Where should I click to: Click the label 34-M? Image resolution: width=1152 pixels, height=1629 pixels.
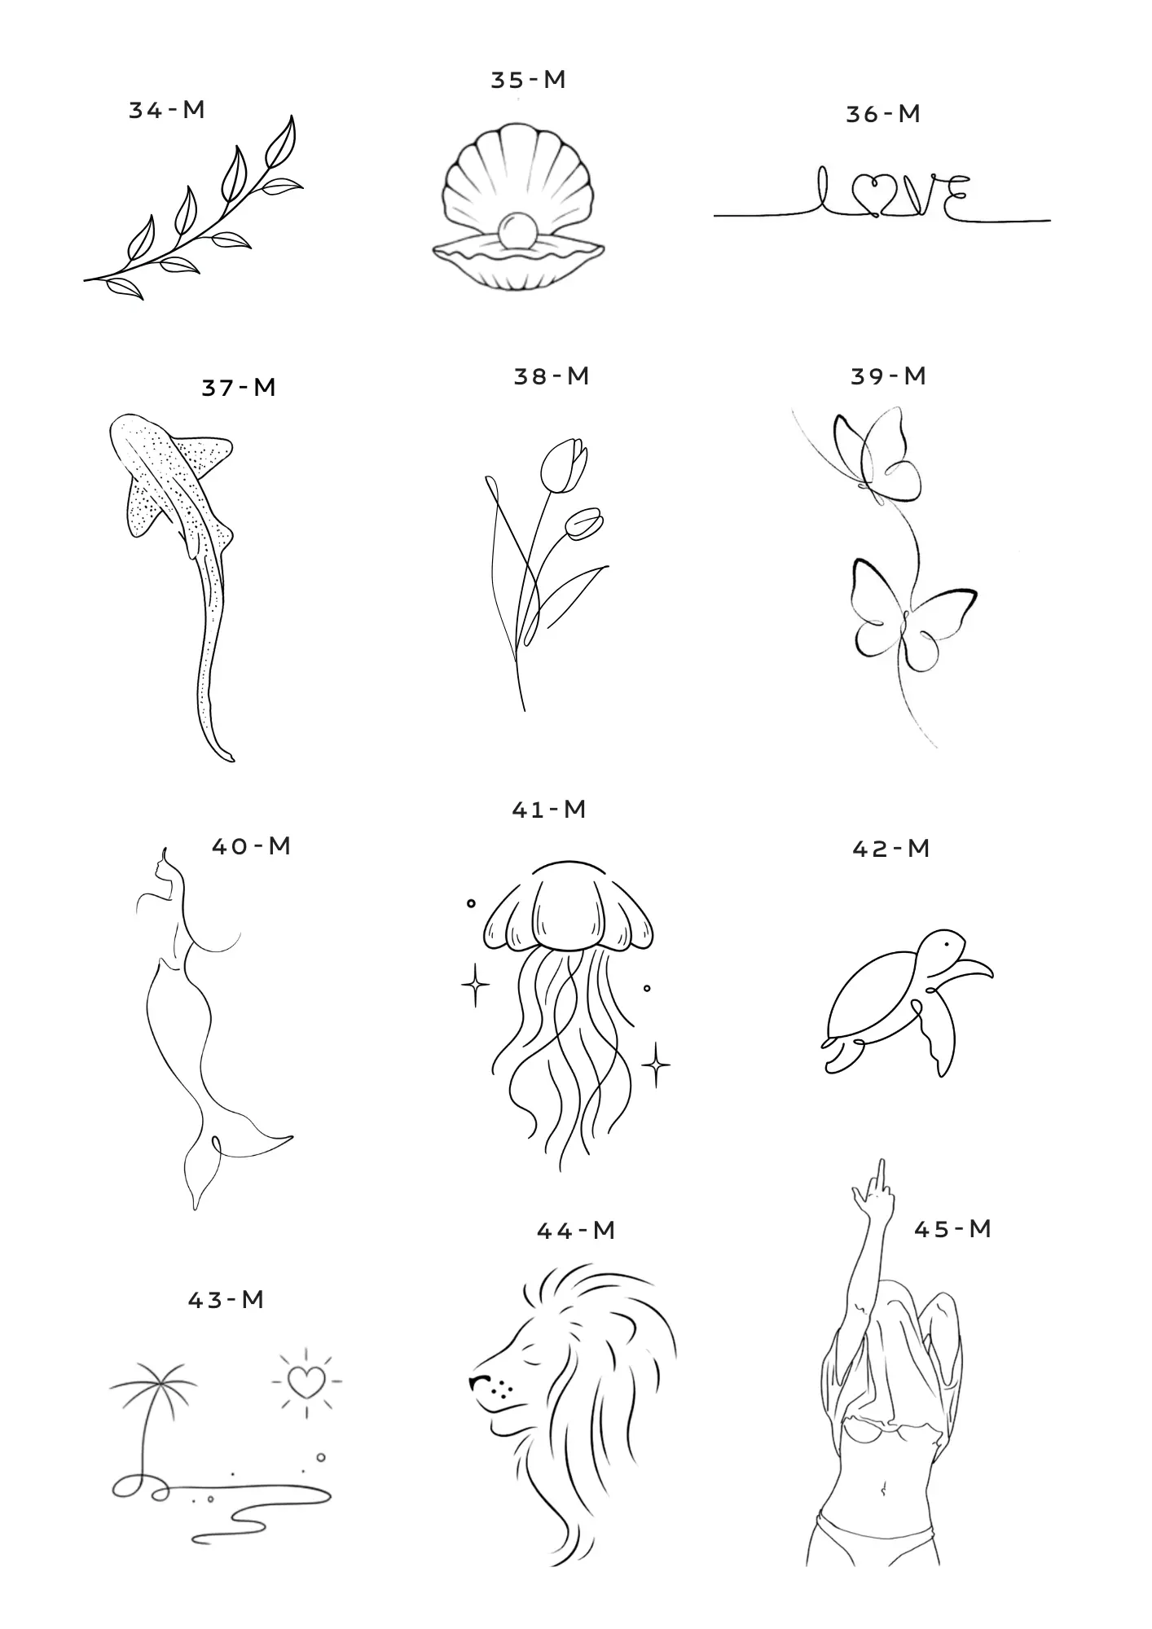167,110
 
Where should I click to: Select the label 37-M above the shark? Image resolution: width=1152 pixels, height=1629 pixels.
239,387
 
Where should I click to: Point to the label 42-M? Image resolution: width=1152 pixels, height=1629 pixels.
891,849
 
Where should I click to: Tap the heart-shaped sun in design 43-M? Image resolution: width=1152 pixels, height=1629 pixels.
306,1381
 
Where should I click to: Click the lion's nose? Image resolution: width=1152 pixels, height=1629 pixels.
477,1381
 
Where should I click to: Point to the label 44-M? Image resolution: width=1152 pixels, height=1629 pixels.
576,1231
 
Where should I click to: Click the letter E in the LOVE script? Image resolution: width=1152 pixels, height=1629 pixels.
956,199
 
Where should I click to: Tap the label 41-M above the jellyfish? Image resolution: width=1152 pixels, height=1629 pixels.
549,809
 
